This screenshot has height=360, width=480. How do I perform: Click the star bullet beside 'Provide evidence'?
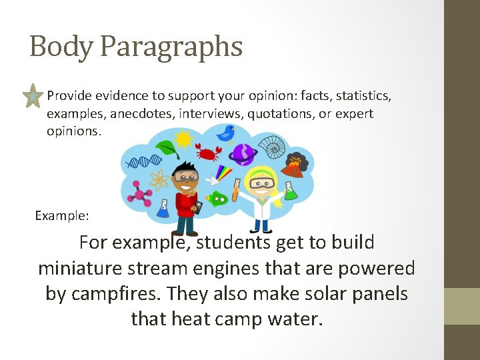pyautogui.click(x=31, y=97)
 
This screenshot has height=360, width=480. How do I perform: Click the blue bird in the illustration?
pyautogui.click(x=228, y=133)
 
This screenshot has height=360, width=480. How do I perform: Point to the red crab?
pyautogui.click(x=209, y=153)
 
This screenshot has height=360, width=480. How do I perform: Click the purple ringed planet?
pyautogui.click(x=244, y=154)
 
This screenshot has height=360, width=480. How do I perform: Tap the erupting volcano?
pyautogui.click(x=295, y=165)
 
